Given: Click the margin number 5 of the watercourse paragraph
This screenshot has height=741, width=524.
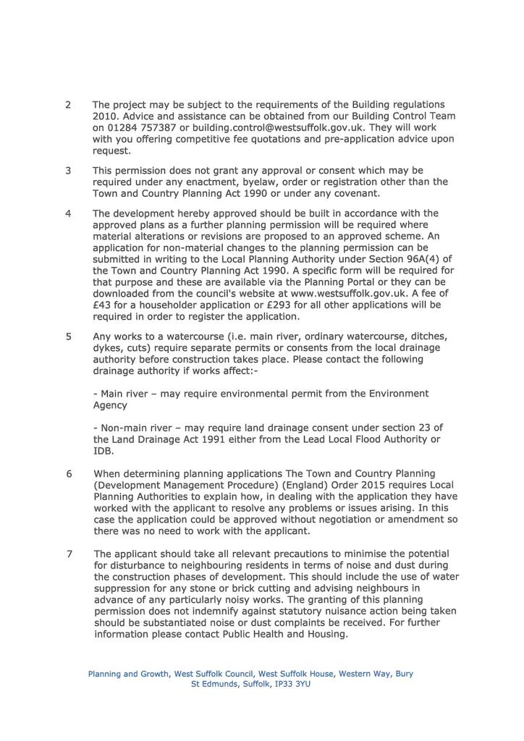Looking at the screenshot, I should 68,336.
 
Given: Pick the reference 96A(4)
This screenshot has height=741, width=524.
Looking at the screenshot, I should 404,259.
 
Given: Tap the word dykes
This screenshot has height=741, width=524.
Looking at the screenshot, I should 109,347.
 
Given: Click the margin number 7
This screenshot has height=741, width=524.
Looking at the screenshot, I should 69,554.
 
